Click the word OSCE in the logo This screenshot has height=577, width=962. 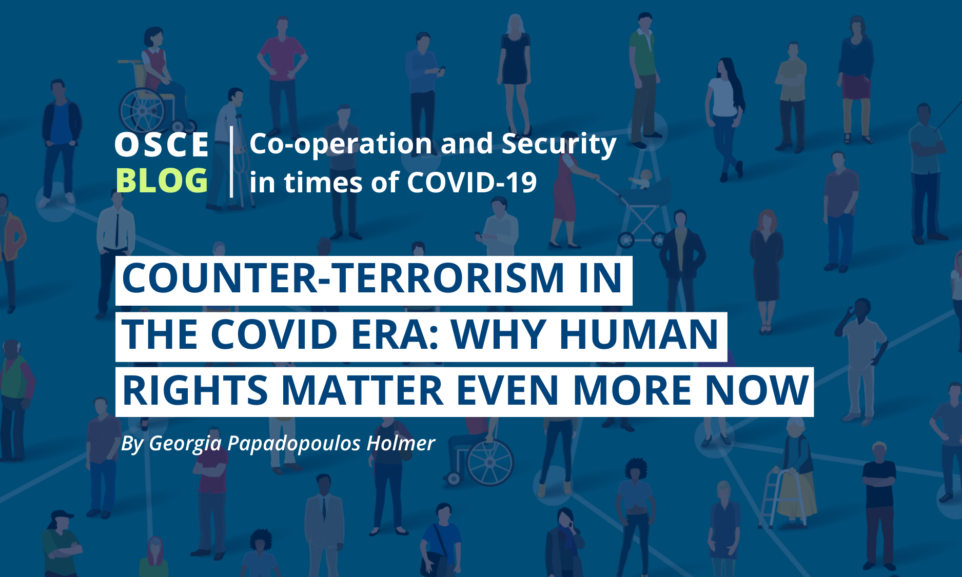(162, 145)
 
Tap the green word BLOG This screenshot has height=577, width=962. (162, 181)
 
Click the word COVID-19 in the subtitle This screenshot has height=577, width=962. (472, 182)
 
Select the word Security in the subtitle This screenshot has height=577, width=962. (559, 145)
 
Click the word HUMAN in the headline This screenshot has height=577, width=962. (639, 334)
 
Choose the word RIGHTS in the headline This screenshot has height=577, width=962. (195, 390)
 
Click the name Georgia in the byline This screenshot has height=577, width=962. (185, 444)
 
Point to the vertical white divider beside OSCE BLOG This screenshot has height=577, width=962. (232, 162)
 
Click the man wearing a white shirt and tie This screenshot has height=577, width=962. (115, 251)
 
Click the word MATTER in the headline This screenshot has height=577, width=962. (363, 390)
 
